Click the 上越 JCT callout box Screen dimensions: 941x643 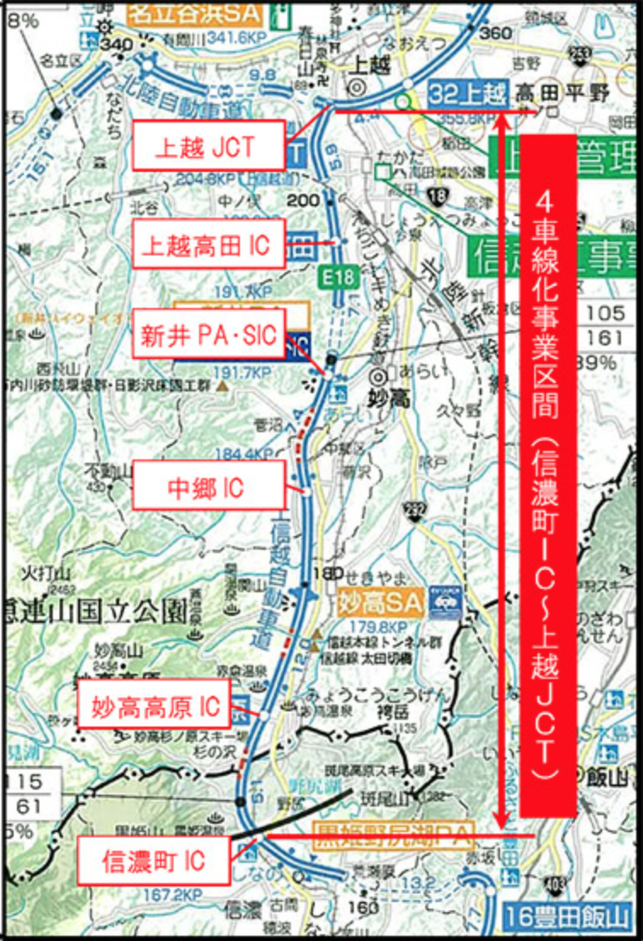click(x=208, y=145)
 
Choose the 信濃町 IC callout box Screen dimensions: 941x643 click(x=154, y=860)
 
